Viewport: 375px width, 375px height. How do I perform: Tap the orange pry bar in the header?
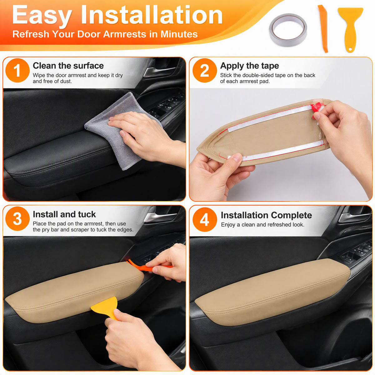click(x=323, y=29)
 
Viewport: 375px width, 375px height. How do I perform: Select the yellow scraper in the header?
click(x=350, y=29)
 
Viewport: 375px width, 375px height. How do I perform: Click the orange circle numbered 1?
click(x=17, y=70)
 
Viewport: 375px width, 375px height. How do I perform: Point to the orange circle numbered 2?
click(x=204, y=70)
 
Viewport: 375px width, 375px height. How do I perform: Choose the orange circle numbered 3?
click(x=17, y=219)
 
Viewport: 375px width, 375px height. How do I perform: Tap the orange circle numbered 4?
click(x=205, y=219)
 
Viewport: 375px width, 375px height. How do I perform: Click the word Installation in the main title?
click(x=152, y=15)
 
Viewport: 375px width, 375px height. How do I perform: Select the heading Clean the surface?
click(x=68, y=66)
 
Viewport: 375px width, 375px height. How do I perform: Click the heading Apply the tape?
click(x=249, y=66)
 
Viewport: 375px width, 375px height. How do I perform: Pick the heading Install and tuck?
click(x=64, y=214)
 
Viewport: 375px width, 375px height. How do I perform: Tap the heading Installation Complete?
click(x=267, y=215)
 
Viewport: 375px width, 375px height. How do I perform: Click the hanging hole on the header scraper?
click(x=351, y=49)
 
